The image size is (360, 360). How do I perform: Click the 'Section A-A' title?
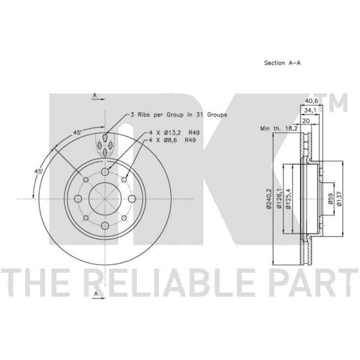coord(282,63)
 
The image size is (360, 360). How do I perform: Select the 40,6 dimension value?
coord(311,101)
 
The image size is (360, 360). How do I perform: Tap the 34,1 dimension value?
coord(310,110)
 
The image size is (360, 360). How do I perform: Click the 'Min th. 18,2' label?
coord(279,129)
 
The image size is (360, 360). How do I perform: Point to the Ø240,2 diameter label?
coord(269,198)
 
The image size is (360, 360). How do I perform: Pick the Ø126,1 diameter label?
coord(279,198)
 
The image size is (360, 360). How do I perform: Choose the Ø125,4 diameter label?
coord(288,198)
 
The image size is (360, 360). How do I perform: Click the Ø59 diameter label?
coord(330,198)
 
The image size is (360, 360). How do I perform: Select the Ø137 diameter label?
coord(339,198)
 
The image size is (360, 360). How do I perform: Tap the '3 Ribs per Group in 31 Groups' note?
coord(178,115)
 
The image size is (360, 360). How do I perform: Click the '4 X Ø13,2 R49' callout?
coord(174,133)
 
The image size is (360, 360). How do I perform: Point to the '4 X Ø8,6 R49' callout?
coord(172,140)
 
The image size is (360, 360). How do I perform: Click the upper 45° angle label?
coord(77,132)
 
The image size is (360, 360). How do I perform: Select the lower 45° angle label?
coord(39,171)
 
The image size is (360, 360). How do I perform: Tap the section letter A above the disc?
coord(94,95)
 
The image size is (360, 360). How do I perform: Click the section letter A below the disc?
coord(96,294)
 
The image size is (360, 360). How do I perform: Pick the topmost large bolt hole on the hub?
coord(105,171)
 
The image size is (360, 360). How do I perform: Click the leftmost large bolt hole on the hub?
coord(78,198)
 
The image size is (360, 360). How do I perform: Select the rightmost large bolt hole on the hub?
coord(132,198)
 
